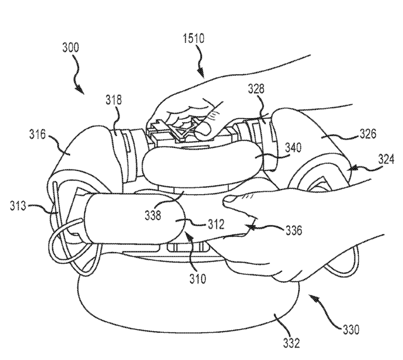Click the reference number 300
pos(71,48)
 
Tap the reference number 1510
pos(193,39)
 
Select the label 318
pos(114,100)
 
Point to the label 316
pos(37,134)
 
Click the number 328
pos(256,89)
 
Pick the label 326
pos(368,134)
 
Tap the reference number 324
pos(386,160)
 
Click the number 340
pos(293,148)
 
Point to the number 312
pos(216,224)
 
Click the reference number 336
pos(294,230)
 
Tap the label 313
pos(18,206)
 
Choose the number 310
pos(198,279)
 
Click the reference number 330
pos(351,330)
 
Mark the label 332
pos(292,343)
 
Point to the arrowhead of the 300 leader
pos(81,90)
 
